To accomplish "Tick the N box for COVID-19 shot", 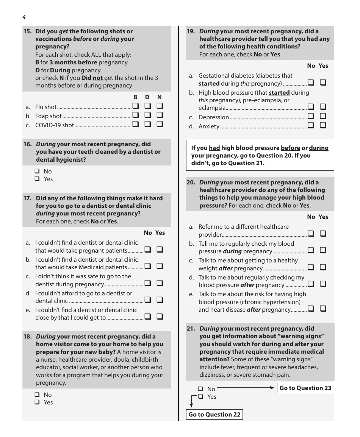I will (160, 124).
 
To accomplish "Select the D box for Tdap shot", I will (147, 115).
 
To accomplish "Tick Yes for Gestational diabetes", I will (323, 83).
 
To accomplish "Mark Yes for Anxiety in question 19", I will (323, 125).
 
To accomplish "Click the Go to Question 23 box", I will (305, 388).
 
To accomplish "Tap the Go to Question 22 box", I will (214, 414).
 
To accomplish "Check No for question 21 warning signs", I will (200, 389).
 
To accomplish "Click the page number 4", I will (24, 17).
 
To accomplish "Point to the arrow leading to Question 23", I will (272, 387).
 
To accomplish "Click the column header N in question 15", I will (160, 97).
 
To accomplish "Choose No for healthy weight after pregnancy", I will (311, 267).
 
